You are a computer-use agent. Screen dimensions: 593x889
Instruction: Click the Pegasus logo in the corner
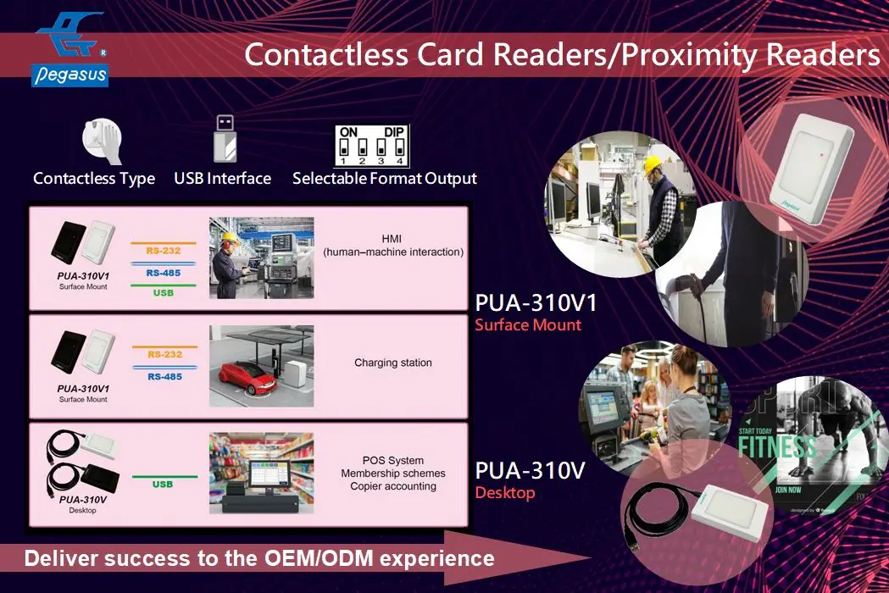coord(70,48)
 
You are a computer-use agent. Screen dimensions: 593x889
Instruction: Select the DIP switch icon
coord(372,145)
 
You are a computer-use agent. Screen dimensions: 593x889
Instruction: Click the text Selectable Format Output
coord(384,179)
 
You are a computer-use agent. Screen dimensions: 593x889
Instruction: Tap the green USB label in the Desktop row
coord(163,485)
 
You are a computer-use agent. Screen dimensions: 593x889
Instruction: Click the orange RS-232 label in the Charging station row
coord(164,354)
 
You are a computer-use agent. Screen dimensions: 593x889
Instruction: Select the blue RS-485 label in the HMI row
coord(163,273)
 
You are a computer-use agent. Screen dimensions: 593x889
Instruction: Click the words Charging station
coord(392,363)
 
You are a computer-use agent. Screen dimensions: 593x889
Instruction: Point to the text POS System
coord(392,461)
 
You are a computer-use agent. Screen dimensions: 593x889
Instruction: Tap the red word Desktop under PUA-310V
coord(504,493)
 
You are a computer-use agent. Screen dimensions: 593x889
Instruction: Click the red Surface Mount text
coord(527,325)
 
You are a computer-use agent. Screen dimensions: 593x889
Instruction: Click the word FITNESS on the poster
coord(776,448)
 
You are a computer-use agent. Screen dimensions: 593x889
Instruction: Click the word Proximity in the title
coord(692,55)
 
